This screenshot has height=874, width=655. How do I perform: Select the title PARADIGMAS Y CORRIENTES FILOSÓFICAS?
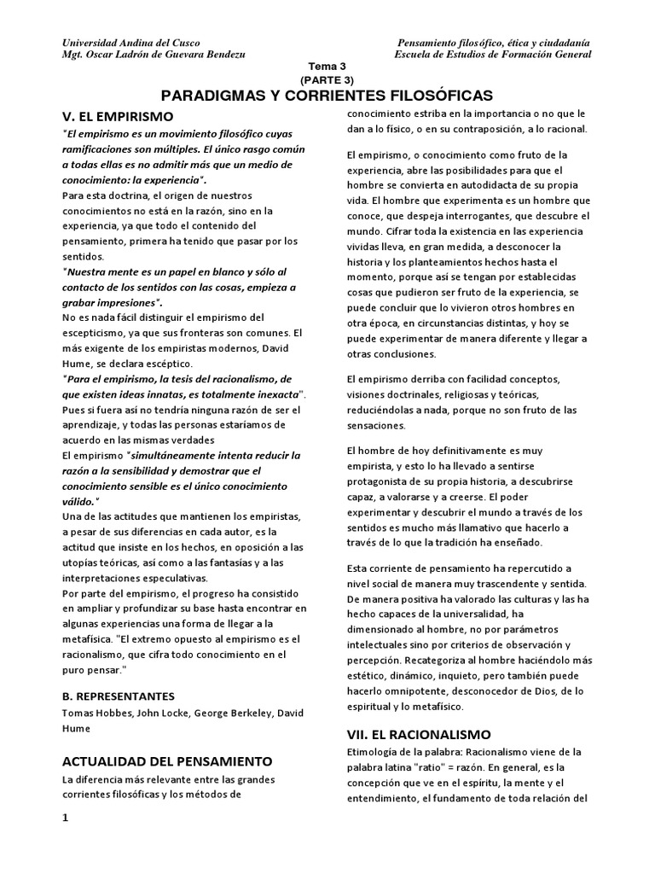tap(327, 95)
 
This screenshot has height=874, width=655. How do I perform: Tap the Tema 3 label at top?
tap(327, 66)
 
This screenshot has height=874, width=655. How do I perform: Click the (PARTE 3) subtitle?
tap(327, 79)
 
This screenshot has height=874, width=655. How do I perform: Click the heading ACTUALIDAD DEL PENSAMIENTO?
tap(167, 760)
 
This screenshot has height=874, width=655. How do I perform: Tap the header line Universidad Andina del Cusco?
tap(125, 43)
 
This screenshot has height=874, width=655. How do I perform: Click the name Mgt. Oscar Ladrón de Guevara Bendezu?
tap(148, 55)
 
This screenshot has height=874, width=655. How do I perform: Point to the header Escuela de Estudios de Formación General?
tap(493, 55)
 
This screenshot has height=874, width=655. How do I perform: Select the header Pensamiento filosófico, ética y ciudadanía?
tap(496, 43)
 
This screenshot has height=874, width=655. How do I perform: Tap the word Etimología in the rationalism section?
tap(376, 751)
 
